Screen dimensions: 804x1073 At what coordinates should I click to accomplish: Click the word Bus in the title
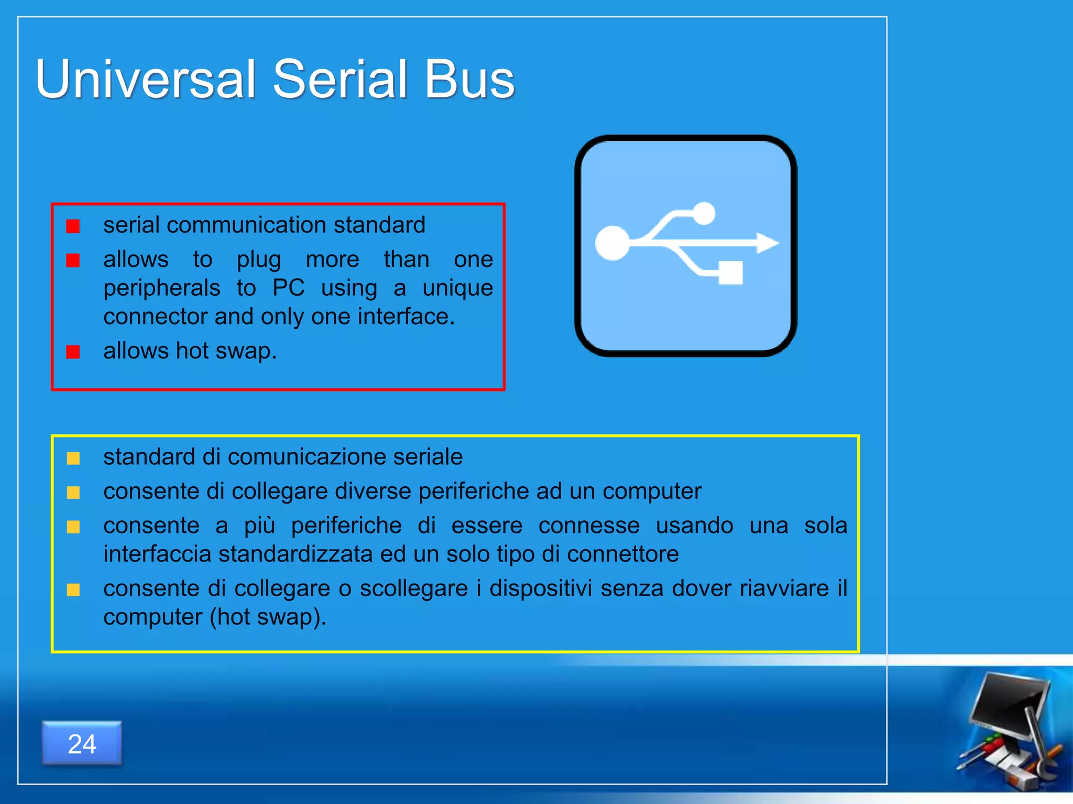(x=469, y=80)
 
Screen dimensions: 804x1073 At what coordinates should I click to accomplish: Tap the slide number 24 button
(x=82, y=743)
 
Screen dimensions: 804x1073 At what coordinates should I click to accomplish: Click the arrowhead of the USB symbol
(x=768, y=243)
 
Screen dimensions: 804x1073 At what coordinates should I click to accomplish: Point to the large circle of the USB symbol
(x=612, y=243)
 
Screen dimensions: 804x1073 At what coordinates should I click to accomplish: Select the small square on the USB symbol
(x=730, y=273)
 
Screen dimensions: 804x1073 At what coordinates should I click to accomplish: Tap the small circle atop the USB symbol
(x=704, y=213)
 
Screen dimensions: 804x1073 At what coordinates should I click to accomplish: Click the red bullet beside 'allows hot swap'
(x=73, y=352)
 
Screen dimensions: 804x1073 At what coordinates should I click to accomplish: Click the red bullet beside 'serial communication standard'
(x=73, y=226)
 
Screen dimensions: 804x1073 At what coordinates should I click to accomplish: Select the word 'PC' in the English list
(x=288, y=288)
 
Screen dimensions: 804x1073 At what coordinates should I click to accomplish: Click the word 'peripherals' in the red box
(x=162, y=288)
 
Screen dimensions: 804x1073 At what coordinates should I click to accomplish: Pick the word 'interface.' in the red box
(x=406, y=317)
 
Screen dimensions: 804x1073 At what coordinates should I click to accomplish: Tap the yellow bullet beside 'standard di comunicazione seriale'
(x=73, y=459)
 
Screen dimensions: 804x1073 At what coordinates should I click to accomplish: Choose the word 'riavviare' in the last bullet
(x=784, y=588)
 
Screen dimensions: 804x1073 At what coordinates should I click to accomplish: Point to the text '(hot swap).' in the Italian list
(x=268, y=617)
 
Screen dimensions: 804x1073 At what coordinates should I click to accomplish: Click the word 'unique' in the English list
(x=457, y=288)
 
